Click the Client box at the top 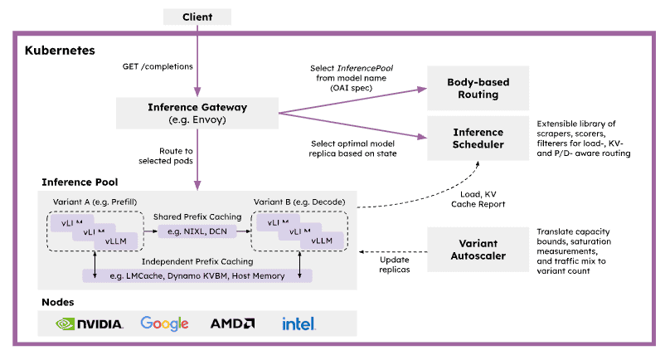coord(198,16)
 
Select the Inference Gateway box coord(197,113)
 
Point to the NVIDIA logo coord(90,324)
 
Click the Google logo coord(165,324)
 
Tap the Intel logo coord(299,324)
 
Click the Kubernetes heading coord(59,50)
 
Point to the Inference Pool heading coord(80,182)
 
